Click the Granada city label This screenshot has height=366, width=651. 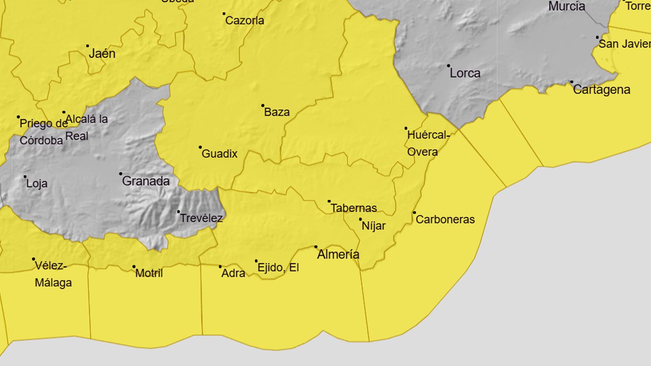point(146,181)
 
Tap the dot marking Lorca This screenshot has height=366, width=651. point(448,65)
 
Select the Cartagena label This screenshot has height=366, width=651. point(601,90)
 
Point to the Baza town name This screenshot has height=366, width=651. point(277,112)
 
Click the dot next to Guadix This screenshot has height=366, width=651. point(200,147)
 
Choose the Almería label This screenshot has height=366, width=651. point(338,255)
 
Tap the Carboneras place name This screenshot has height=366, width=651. point(445,220)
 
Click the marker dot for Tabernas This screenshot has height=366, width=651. point(329,201)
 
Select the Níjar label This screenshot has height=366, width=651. point(374,226)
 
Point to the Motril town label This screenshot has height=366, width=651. point(149,273)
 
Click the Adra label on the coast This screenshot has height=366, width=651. point(233,273)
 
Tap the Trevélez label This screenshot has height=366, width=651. point(201,218)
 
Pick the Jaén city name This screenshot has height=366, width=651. point(102,54)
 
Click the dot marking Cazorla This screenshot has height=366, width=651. point(224,13)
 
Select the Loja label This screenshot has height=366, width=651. point(37,183)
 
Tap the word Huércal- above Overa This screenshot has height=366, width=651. point(428,135)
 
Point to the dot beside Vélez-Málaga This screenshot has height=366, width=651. point(33,259)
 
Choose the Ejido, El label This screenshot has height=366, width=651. point(278,268)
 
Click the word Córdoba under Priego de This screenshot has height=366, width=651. point(41,141)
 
